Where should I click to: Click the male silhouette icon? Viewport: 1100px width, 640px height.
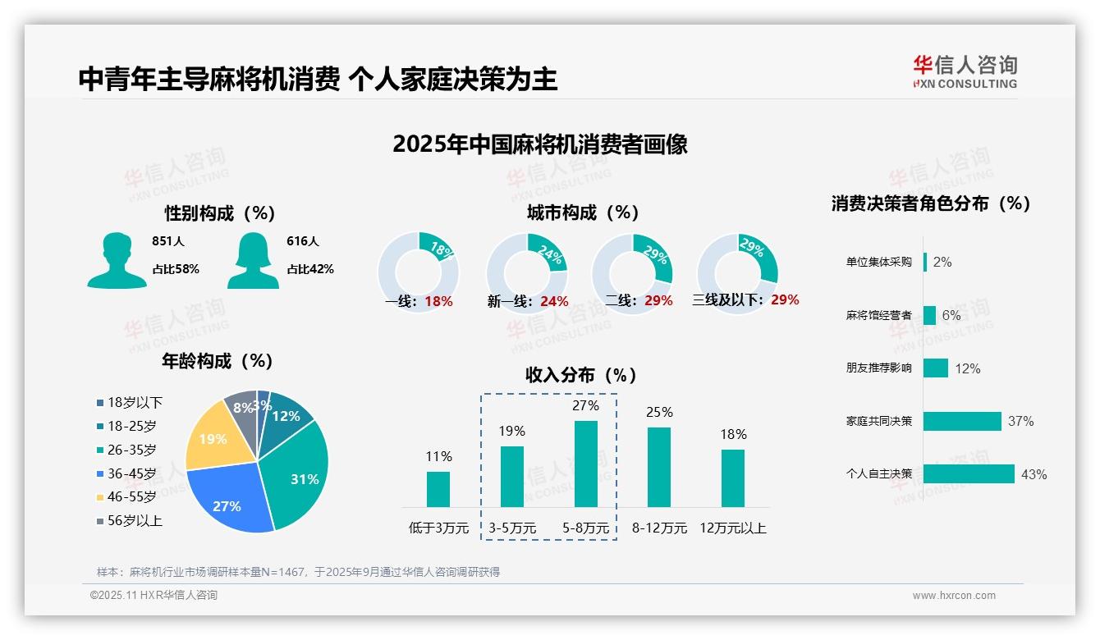(117, 260)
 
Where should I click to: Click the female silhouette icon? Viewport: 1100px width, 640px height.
(253, 260)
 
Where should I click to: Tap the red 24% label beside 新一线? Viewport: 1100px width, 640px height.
(554, 301)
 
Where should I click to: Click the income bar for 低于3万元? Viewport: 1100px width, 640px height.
(438, 489)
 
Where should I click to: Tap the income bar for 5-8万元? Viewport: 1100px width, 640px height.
(585, 464)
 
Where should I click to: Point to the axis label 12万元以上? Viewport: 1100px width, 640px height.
(732, 528)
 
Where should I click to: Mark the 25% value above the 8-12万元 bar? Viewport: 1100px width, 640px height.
(659, 412)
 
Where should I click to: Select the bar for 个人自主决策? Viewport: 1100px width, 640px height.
(969, 473)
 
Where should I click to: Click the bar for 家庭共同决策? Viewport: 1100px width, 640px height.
(962, 421)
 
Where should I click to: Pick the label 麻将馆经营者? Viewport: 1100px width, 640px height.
(878, 315)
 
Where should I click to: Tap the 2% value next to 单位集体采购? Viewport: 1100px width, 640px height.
(942, 262)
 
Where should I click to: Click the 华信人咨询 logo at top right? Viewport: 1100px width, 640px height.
(965, 71)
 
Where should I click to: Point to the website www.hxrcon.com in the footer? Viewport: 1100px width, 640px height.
(954, 596)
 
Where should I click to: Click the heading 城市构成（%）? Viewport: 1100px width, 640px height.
(583, 213)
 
